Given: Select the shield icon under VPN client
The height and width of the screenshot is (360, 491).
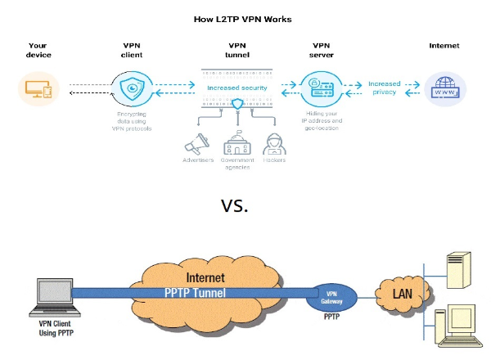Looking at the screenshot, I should coord(131,88).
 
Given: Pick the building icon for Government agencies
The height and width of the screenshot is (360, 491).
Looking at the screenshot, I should coord(236,143).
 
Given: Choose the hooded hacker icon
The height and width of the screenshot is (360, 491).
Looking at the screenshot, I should coord(274,144).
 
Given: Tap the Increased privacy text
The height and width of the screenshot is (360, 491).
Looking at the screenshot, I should coord(384,88).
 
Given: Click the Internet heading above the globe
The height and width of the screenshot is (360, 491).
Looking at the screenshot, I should coord(444,46).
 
